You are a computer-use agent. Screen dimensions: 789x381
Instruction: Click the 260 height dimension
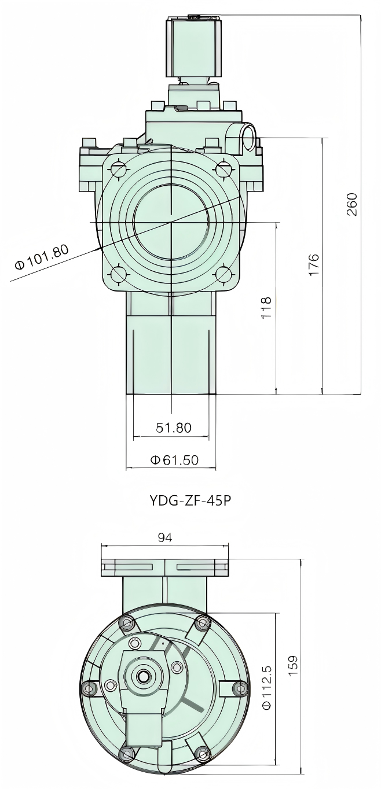[x=352, y=204]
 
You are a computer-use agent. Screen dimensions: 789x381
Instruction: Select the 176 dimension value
[x=313, y=264]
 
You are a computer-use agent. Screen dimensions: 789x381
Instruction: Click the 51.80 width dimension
[x=173, y=427]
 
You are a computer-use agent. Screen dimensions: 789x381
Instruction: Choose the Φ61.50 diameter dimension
[x=174, y=460]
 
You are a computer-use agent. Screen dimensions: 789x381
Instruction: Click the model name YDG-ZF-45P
[x=190, y=500]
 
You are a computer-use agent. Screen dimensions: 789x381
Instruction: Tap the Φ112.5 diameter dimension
[x=267, y=687]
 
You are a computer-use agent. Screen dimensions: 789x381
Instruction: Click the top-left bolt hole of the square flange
[x=120, y=169]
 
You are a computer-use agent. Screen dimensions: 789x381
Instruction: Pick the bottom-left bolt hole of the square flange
[x=120, y=274]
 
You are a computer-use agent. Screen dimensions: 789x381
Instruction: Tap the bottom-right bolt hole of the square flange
[x=224, y=274]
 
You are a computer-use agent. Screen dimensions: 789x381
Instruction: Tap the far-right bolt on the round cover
[x=240, y=688]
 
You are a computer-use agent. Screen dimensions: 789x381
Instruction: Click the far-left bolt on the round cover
[x=88, y=688]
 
